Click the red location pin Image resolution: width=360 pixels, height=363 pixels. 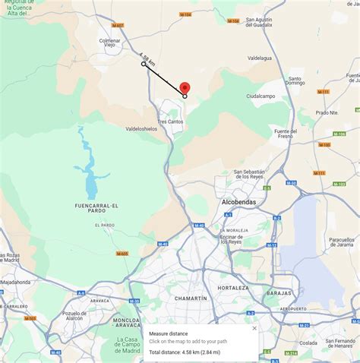pyautogui.click(x=185, y=87)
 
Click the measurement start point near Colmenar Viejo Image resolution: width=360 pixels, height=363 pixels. pyautogui.click(x=144, y=64)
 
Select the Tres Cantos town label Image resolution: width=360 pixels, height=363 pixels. pyautogui.click(x=171, y=122)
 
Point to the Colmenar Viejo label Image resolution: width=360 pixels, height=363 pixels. pyautogui.click(x=110, y=43)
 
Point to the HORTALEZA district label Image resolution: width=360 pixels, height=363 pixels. pyautogui.click(x=232, y=289)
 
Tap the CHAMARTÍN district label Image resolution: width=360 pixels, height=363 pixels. pyautogui.click(x=191, y=298)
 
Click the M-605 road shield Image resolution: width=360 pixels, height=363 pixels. pyautogui.click(x=122, y=254)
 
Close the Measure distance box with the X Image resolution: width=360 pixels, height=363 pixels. pyautogui.click(x=254, y=328)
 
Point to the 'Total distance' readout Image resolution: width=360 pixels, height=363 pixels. pyautogui.click(x=185, y=352)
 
